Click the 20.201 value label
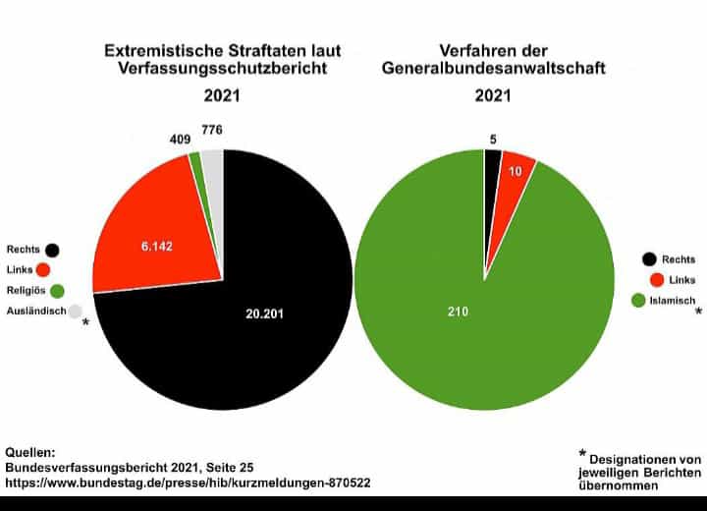[x=267, y=313]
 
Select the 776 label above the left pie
[x=212, y=130]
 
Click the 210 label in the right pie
[x=458, y=312]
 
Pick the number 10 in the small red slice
[x=515, y=171]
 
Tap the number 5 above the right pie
[x=491, y=139]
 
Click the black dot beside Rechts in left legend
[x=52, y=250]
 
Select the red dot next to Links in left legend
[x=44, y=270]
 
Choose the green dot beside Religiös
[x=58, y=291]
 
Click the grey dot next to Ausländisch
[x=76, y=312]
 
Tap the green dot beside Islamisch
[x=639, y=301]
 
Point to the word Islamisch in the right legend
[x=675, y=301]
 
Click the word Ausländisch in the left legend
[x=35, y=312]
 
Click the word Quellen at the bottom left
[x=30, y=452]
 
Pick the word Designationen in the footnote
[x=645, y=459]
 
